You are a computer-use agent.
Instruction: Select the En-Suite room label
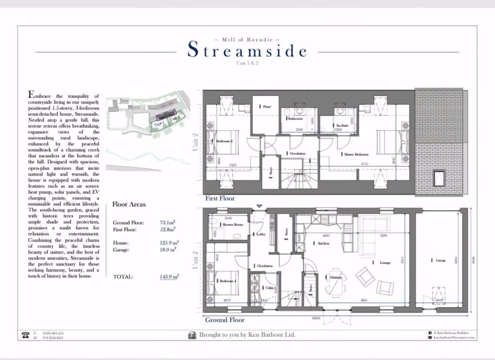[x=342, y=125]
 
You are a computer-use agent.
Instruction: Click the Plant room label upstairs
[x=265, y=107]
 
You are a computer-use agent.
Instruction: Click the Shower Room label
[x=233, y=224]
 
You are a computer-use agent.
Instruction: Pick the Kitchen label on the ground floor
[x=323, y=243]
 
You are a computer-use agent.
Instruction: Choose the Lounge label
[x=384, y=263]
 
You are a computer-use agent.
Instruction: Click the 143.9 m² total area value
[x=169, y=276]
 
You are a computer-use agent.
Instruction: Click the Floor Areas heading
[x=129, y=205]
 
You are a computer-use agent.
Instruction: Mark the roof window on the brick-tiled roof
[x=439, y=176]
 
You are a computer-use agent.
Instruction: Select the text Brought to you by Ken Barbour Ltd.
[x=247, y=335]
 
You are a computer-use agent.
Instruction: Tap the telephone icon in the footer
[x=25, y=335]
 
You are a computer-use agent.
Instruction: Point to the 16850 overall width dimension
[x=316, y=318]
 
